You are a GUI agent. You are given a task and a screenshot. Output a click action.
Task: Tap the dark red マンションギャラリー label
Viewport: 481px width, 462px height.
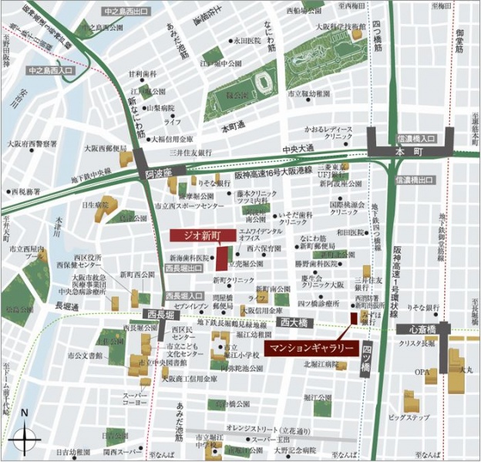tap(311, 349)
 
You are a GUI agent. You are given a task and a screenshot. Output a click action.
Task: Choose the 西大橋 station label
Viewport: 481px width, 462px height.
tap(295, 323)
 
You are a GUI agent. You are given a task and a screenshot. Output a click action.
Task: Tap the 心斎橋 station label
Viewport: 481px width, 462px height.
tap(422, 330)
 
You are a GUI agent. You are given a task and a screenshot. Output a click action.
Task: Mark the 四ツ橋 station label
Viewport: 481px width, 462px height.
tap(367, 359)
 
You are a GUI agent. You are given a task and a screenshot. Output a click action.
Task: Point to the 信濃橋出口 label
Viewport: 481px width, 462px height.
tap(417, 180)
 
